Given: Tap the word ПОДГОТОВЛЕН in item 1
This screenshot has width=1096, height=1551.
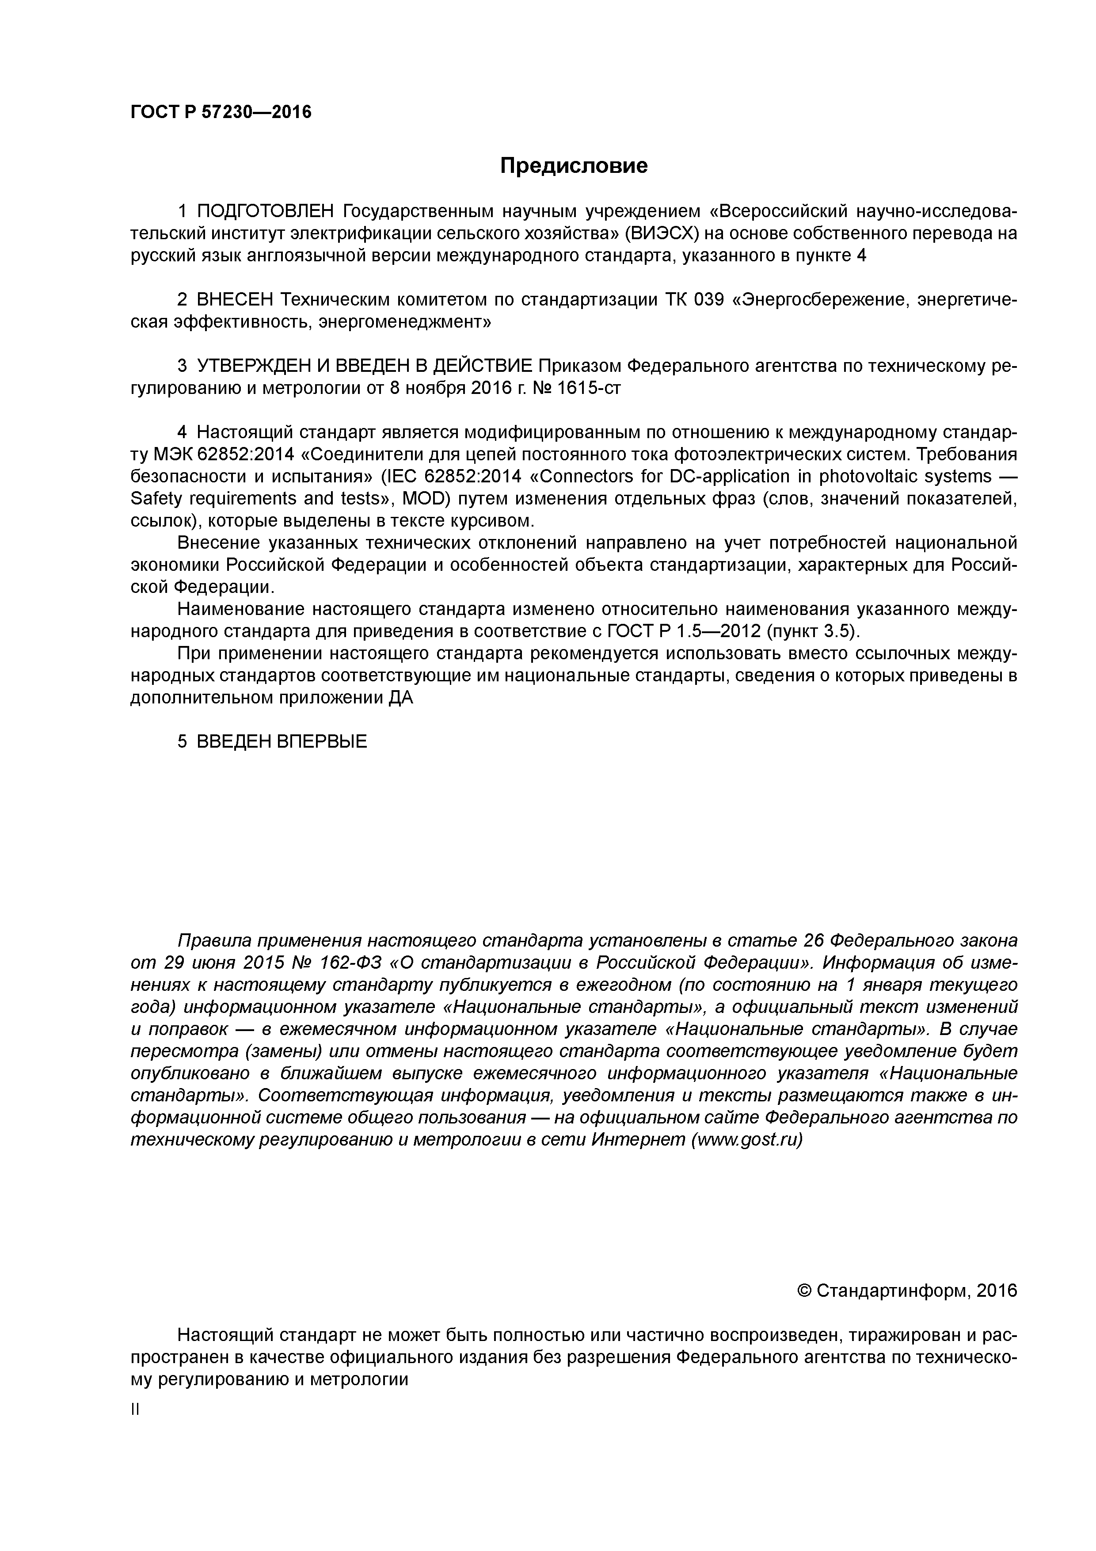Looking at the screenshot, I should click(265, 211).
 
